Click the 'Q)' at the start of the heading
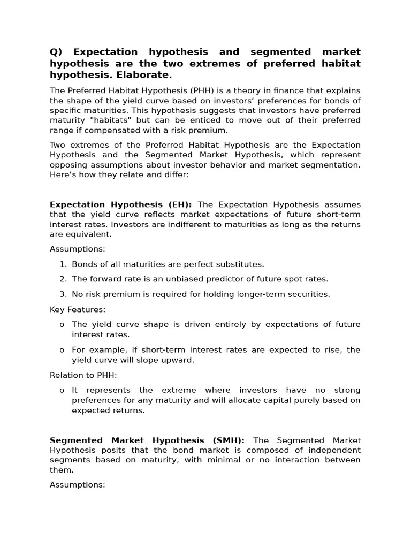[x=56, y=52]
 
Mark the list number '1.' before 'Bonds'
[x=63, y=264]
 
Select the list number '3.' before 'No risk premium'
[x=63, y=294]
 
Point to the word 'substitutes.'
[x=239, y=264]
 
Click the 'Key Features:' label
[x=78, y=309]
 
